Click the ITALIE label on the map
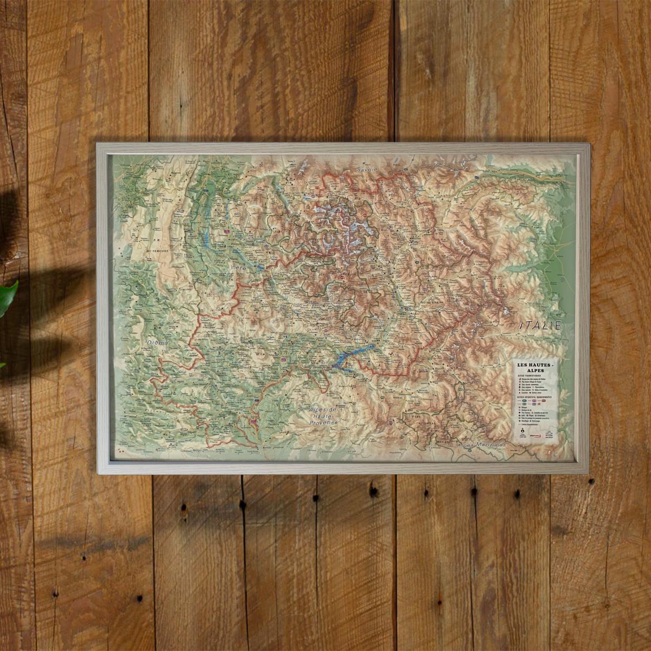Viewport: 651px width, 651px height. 539,326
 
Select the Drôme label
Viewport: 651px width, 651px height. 157,343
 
